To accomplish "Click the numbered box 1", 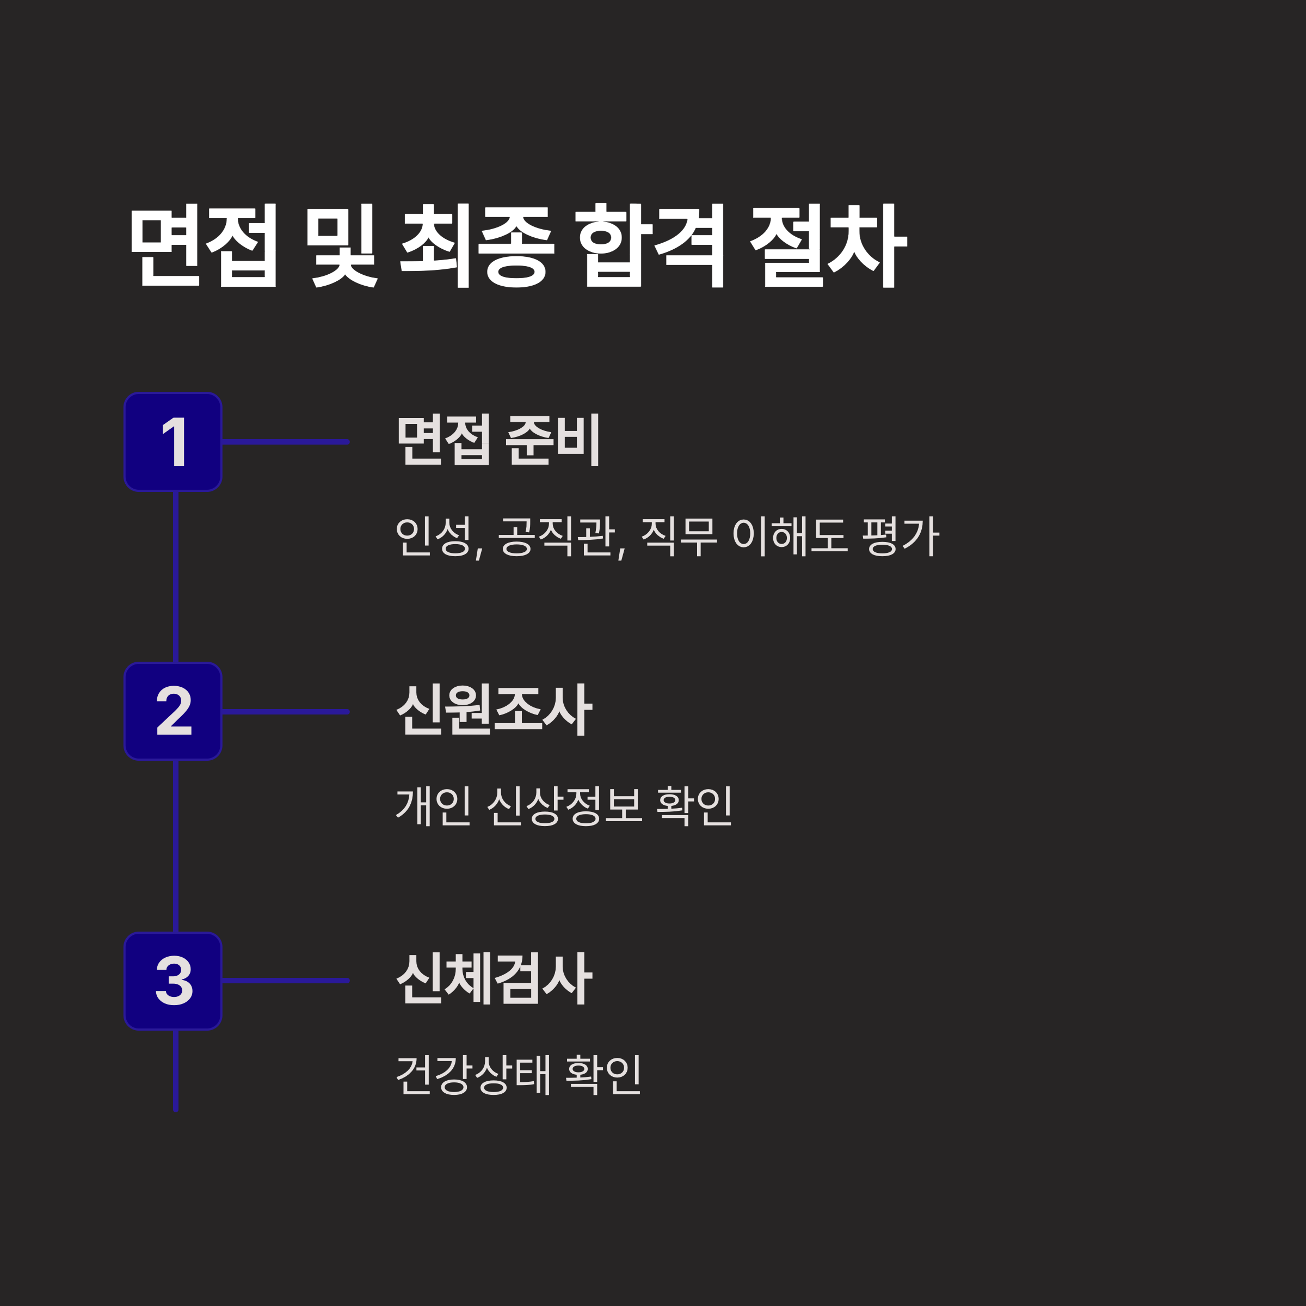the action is tap(173, 442).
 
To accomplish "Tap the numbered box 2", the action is tap(173, 711).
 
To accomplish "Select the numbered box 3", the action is tap(173, 981).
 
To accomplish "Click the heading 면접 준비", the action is tap(498, 440).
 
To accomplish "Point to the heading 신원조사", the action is tap(494, 710).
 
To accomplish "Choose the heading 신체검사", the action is tap(494, 979).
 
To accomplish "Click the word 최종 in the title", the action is tap(477, 245).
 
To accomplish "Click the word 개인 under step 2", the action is tap(433, 805).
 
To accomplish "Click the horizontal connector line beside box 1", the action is tap(285, 442).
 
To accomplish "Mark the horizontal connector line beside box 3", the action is tap(285, 981).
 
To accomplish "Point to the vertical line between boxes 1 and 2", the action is tap(176, 577).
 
